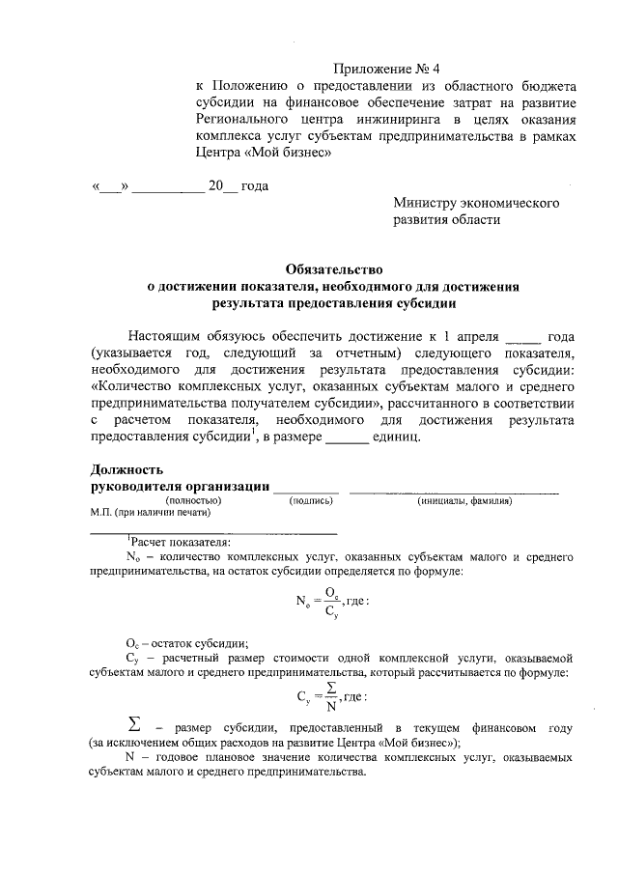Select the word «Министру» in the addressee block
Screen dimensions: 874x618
pyautogui.click(x=428, y=203)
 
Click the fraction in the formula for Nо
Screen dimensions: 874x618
pyautogui.click(x=330, y=601)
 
